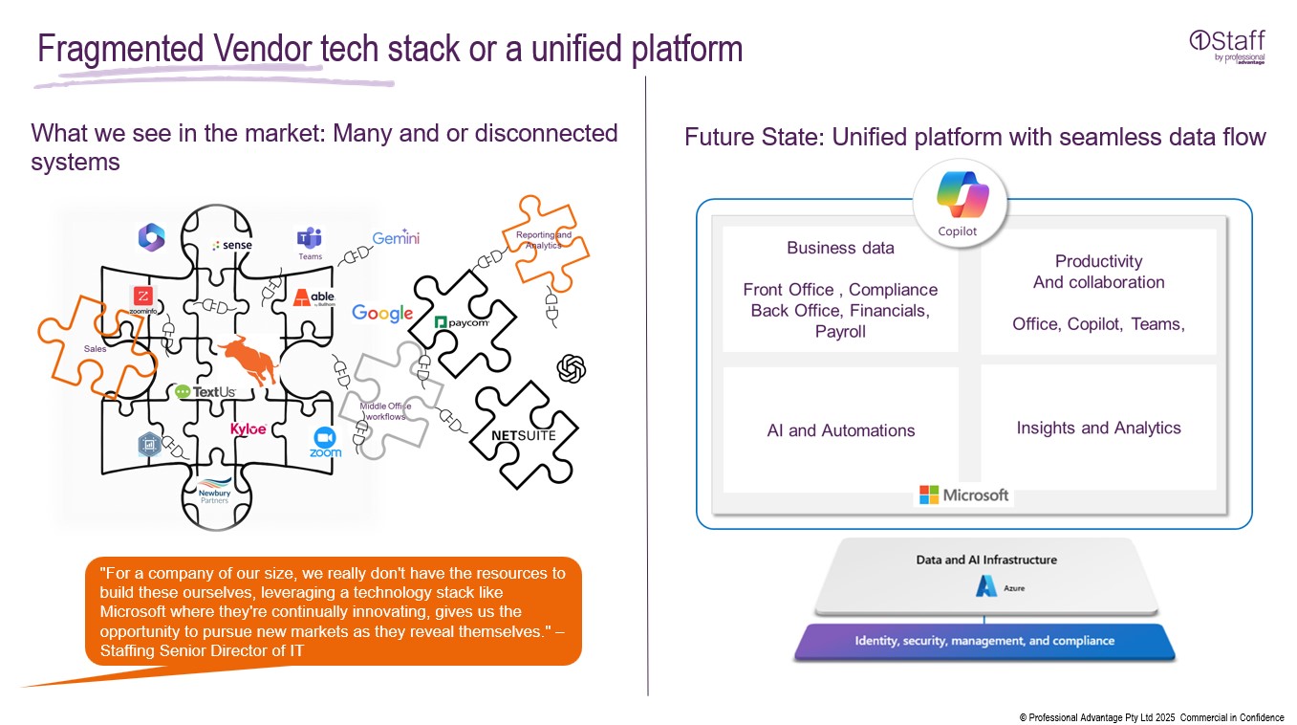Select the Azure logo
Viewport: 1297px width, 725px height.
pyautogui.click(x=986, y=587)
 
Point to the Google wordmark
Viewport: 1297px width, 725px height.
pyautogui.click(x=382, y=313)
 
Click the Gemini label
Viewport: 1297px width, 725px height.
pyautogui.click(x=396, y=238)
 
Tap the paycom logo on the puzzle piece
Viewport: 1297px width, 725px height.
pyautogui.click(x=462, y=322)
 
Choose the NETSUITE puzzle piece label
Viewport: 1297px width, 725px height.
pyautogui.click(x=523, y=435)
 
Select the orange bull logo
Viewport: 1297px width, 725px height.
pyautogui.click(x=246, y=360)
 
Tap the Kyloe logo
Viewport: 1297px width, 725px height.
pyautogui.click(x=249, y=429)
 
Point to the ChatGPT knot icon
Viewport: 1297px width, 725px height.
pyautogui.click(x=571, y=368)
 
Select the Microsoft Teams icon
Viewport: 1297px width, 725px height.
pyautogui.click(x=310, y=239)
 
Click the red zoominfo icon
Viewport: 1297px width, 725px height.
pyautogui.click(x=143, y=297)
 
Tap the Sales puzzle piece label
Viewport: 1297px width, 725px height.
pyautogui.click(x=95, y=349)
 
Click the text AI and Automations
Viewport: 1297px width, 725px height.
pyautogui.click(x=840, y=430)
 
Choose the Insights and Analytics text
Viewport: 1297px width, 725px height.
pyautogui.click(x=1098, y=428)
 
